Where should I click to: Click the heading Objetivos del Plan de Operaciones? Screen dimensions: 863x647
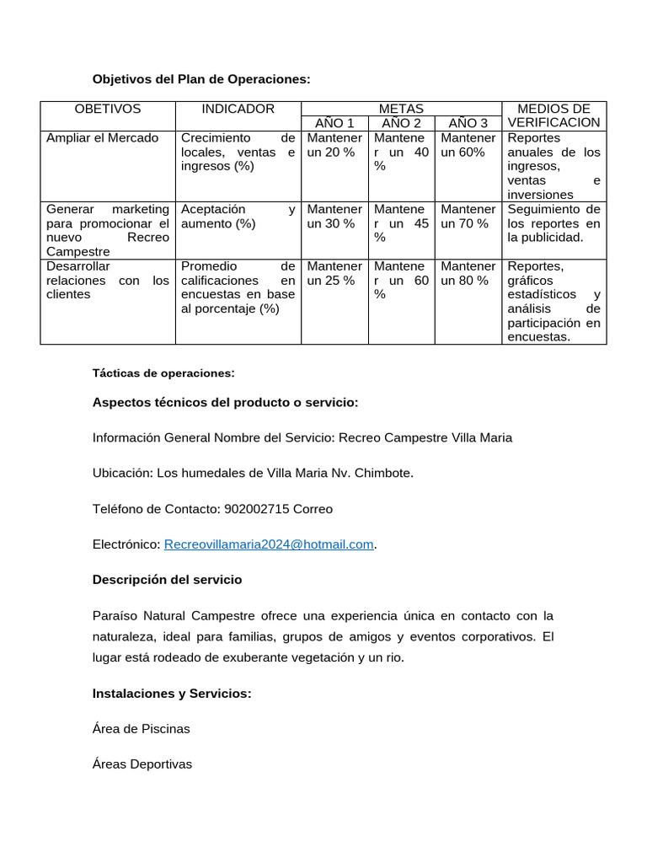click(x=201, y=79)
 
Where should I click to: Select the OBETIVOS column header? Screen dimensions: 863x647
click(x=108, y=109)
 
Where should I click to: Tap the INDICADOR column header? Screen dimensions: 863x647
click(x=238, y=109)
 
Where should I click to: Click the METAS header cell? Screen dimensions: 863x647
click(x=401, y=109)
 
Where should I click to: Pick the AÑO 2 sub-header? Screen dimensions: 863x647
click(x=401, y=123)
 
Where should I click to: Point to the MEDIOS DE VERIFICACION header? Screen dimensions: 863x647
click(x=553, y=115)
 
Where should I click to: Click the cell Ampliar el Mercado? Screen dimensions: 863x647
click(x=102, y=137)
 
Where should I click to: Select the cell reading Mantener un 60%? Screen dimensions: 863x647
click(x=468, y=145)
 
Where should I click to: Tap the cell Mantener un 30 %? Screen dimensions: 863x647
click(x=334, y=217)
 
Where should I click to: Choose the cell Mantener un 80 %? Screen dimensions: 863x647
click(x=468, y=273)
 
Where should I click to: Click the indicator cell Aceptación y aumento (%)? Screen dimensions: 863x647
click(x=238, y=217)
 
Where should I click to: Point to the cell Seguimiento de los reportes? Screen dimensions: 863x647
click(x=553, y=223)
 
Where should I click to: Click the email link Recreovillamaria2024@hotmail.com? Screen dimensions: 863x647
click(x=269, y=544)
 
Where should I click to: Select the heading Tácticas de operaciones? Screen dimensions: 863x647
click(x=163, y=373)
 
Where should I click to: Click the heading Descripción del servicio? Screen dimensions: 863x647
click(x=167, y=580)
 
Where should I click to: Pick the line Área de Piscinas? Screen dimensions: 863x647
click(x=141, y=728)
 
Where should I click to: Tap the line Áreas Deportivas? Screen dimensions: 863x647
click(x=142, y=764)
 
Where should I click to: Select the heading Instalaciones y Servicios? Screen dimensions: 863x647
click(x=172, y=694)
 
